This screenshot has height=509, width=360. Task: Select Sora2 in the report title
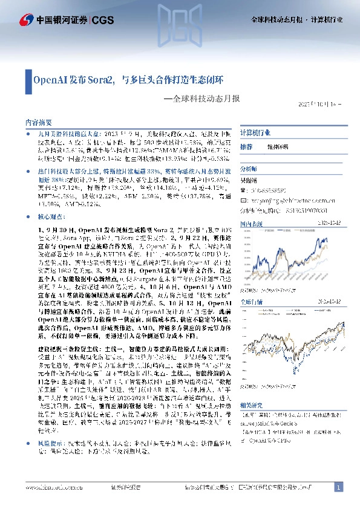103,79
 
